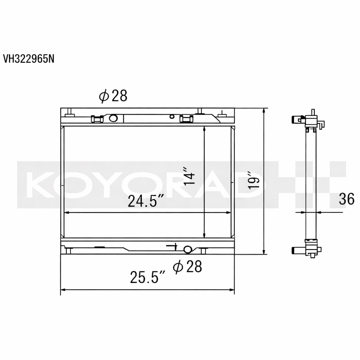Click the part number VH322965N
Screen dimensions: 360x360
coord(29,59)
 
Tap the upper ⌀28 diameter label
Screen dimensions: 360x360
coord(113,96)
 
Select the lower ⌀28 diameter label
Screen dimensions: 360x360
coord(187,266)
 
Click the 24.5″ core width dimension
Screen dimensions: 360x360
coord(146,201)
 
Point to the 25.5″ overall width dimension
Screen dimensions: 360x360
coord(148,277)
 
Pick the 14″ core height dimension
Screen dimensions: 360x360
coord(189,176)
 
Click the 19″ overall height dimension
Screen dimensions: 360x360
coord(254,180)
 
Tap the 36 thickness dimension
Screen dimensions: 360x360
coord(347,199)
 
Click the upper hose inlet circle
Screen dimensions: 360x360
coord(113,118)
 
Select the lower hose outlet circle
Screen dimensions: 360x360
coord(188,249)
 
